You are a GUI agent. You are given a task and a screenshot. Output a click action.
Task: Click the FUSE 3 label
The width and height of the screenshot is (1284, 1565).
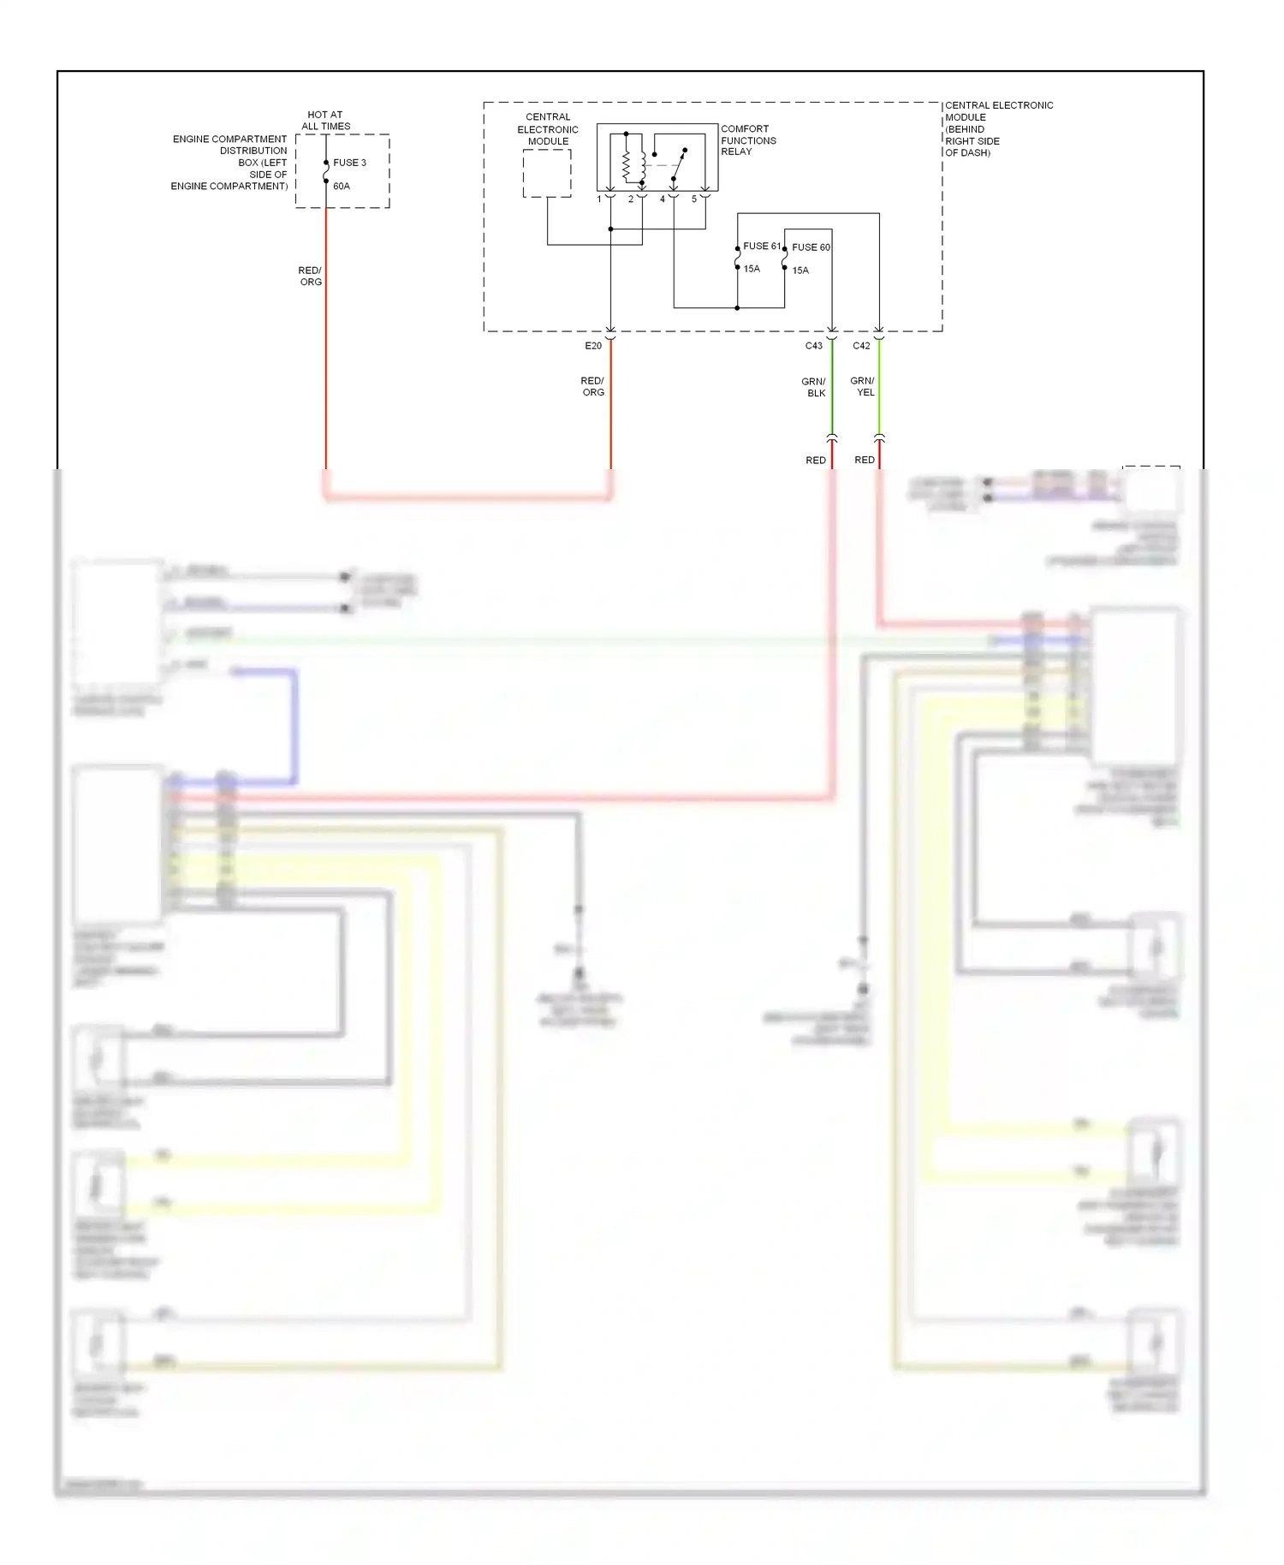(x=349, y=163)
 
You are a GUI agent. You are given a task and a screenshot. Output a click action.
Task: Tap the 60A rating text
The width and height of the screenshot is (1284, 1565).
(x=342, y=186)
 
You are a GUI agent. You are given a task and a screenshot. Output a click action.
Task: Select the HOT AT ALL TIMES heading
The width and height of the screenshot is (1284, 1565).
(x=325, y=121)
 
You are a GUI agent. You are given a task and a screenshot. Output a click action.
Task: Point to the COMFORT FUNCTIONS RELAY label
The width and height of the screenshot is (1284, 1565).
(x=747, y=140)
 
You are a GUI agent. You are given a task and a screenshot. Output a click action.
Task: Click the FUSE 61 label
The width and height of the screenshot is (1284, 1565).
(x=761, y=247)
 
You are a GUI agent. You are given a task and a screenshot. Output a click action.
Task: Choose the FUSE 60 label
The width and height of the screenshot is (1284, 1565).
(x=811, y=247)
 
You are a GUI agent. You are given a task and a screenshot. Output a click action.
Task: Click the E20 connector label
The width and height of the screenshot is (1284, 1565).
(x=593, y=346)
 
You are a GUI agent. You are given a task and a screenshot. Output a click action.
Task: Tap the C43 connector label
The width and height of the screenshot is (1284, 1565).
(x=813, y=346)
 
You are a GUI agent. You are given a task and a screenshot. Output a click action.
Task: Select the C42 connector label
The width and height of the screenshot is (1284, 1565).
(x=861, y=346)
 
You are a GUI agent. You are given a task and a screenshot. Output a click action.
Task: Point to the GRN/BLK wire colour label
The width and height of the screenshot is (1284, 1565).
(x=814, y=388)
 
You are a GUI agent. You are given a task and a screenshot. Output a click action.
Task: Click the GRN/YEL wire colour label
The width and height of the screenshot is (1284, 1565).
(x=863, y=387)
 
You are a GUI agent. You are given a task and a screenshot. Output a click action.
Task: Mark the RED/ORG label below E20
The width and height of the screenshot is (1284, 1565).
(x=592, y=387)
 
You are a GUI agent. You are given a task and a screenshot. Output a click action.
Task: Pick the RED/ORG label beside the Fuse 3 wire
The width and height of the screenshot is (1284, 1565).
(x=310, y=277)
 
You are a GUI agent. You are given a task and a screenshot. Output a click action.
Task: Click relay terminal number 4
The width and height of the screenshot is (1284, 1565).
(x=662, y=199)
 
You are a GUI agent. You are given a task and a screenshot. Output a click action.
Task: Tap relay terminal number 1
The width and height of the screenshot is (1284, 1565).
(x=599, y=199)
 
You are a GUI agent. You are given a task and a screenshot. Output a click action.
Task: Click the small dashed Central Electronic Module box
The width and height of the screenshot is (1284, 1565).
(x=547, y=174)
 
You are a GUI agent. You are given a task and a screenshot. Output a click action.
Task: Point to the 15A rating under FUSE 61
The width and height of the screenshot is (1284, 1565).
(x=752, y=269)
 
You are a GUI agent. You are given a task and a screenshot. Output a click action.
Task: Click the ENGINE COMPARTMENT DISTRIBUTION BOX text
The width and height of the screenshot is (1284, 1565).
(x=229, y=163)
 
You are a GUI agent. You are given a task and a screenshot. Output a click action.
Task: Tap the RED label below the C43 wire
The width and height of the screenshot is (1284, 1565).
(x=816, y=461)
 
